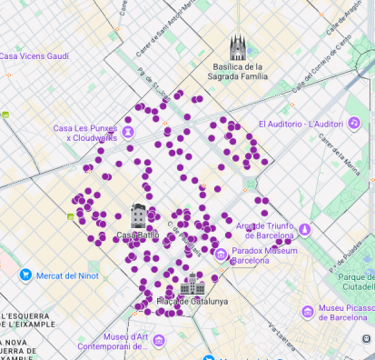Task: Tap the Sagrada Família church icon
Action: pyautogui.click(x=238, y=47)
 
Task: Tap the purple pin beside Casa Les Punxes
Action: pyautogui.click(x=128, y=132)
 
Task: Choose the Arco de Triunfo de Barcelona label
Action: pyautogui.click(x=264, y=230)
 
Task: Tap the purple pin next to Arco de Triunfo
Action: pyautogui.click(x=305, y=229)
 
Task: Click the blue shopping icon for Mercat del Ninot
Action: pyautogui.click(x=25, y=275)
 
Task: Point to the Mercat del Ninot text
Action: pyautogui.click(x=69, y=275)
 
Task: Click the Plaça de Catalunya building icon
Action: pyautogui.click(x=192, y=284)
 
